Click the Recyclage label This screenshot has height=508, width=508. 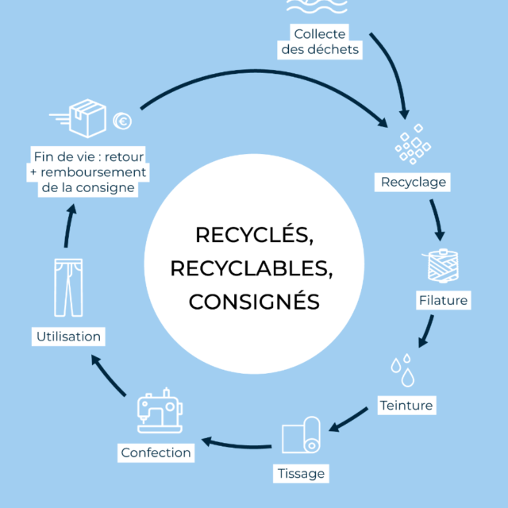(414, 183)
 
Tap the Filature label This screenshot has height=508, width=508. (443, 301)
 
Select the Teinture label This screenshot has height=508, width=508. (406, 406)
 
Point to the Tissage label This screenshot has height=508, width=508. (302, 473)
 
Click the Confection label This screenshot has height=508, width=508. (156, 452)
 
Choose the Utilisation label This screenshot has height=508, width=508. (69, 337)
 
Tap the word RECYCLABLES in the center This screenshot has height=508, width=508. (251, 268)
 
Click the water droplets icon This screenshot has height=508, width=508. (401, 369)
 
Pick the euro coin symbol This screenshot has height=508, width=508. (122, 121)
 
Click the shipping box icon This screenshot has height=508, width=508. (87, 118)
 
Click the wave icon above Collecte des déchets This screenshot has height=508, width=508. (316, 8)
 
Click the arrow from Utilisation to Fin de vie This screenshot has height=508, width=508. (69, 230)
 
